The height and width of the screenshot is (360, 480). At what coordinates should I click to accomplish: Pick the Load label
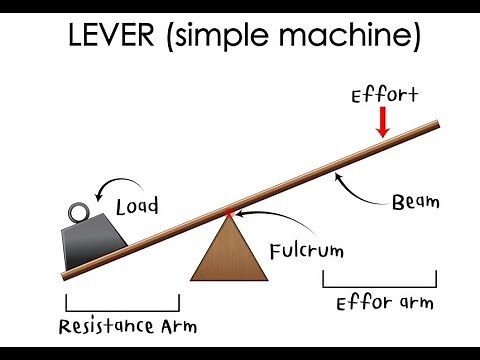click(x=137, y=209)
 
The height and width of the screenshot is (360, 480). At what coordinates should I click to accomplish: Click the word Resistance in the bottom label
click(x=100, y=326)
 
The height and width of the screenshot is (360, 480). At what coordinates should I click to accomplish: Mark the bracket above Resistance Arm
click(x=122, y=301)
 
